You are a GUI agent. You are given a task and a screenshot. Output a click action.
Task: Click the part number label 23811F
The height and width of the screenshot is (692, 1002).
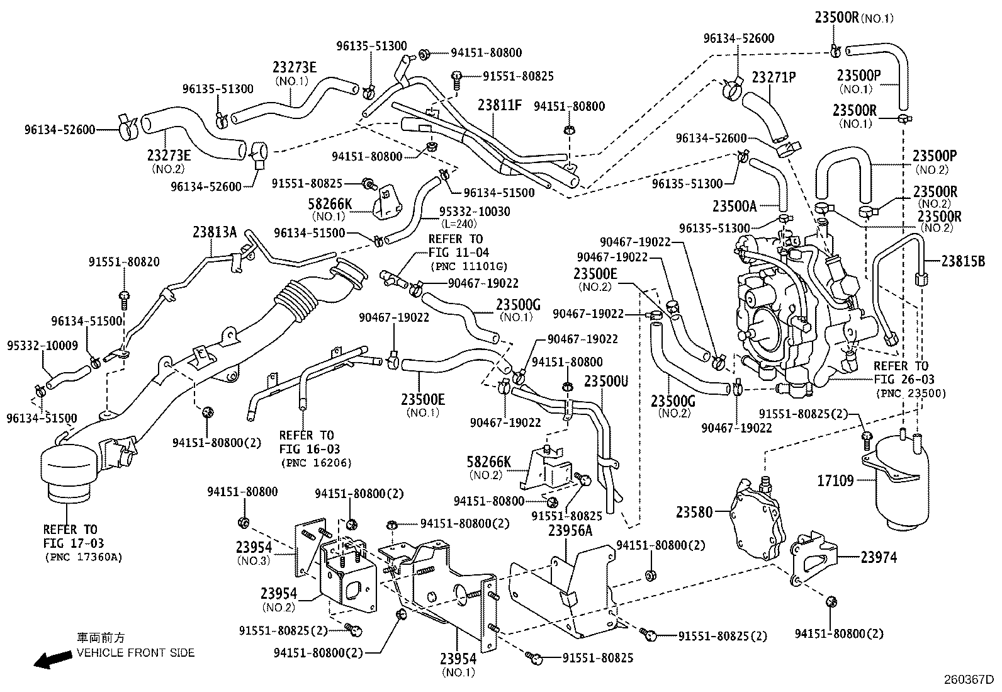[500, 105]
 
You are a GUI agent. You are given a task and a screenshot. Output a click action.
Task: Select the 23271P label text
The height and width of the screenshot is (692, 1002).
[774, 77]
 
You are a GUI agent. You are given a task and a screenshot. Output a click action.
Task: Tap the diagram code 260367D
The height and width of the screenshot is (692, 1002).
[968, 680]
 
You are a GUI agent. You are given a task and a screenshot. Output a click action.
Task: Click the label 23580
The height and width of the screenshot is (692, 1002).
[695, 513]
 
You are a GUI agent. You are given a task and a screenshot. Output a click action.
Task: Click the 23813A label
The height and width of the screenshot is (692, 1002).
[215, 232]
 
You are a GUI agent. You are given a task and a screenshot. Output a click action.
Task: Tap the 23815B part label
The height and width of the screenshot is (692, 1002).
[963, 260]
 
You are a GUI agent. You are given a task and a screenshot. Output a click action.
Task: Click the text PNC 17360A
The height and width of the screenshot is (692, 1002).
[84, 557]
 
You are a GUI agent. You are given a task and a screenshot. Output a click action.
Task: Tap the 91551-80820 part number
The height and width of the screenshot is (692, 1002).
[124, 261]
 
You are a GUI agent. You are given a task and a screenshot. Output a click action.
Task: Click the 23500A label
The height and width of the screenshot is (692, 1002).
[735, 206]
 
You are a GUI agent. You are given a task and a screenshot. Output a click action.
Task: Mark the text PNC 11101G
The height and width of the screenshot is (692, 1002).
[469, 266]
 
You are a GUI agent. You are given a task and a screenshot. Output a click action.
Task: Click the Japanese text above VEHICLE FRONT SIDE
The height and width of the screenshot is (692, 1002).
[101, 638]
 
